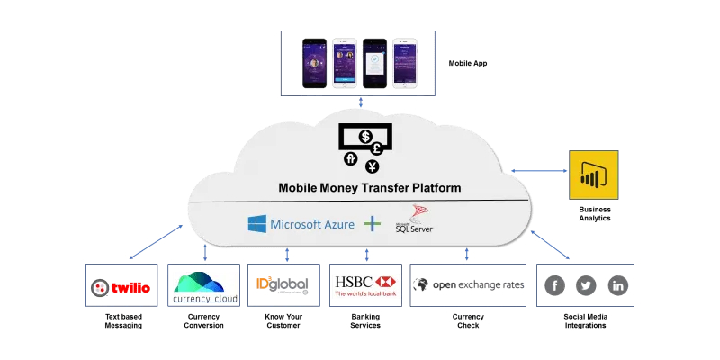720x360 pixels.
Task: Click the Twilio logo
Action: tap(121, 288)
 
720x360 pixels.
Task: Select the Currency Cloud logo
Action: tap(204, 286)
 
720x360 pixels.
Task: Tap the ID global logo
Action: tap(283, 286)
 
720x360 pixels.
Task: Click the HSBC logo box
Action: tap(365, 286)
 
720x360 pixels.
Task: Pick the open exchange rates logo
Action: tap(468, 285)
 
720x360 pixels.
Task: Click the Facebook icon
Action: tap(555, 286)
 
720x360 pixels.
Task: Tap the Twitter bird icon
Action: tap(587, 286)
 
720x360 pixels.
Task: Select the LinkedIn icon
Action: tap(617, 286)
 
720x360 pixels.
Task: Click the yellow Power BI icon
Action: tap(593, 175)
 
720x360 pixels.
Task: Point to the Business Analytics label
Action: tap(594, 213)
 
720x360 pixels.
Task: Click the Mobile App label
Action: tap(469, 64)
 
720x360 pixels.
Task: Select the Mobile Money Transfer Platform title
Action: tap(369, 188)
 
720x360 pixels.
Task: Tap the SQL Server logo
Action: tap(416, 220)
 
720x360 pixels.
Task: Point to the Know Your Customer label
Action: tap(283, 320)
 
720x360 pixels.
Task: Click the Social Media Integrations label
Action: tap(586, 320)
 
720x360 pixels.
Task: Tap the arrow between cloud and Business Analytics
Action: tap(537, 170)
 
